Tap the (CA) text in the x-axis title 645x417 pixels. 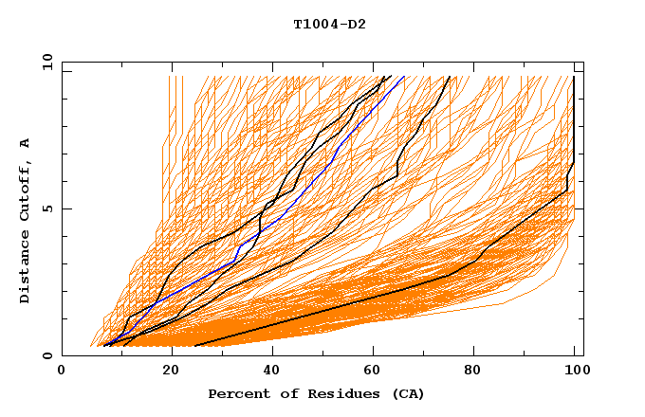click(x=406, y=393)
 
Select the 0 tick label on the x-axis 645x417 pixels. click(x=63, y=372)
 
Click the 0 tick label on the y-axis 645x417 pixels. click(x=47, y=356)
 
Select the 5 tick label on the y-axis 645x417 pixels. click(x=47, y=208)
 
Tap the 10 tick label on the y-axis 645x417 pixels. click(x=44, y=62)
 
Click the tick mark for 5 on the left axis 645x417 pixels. click(x=65, y=208)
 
